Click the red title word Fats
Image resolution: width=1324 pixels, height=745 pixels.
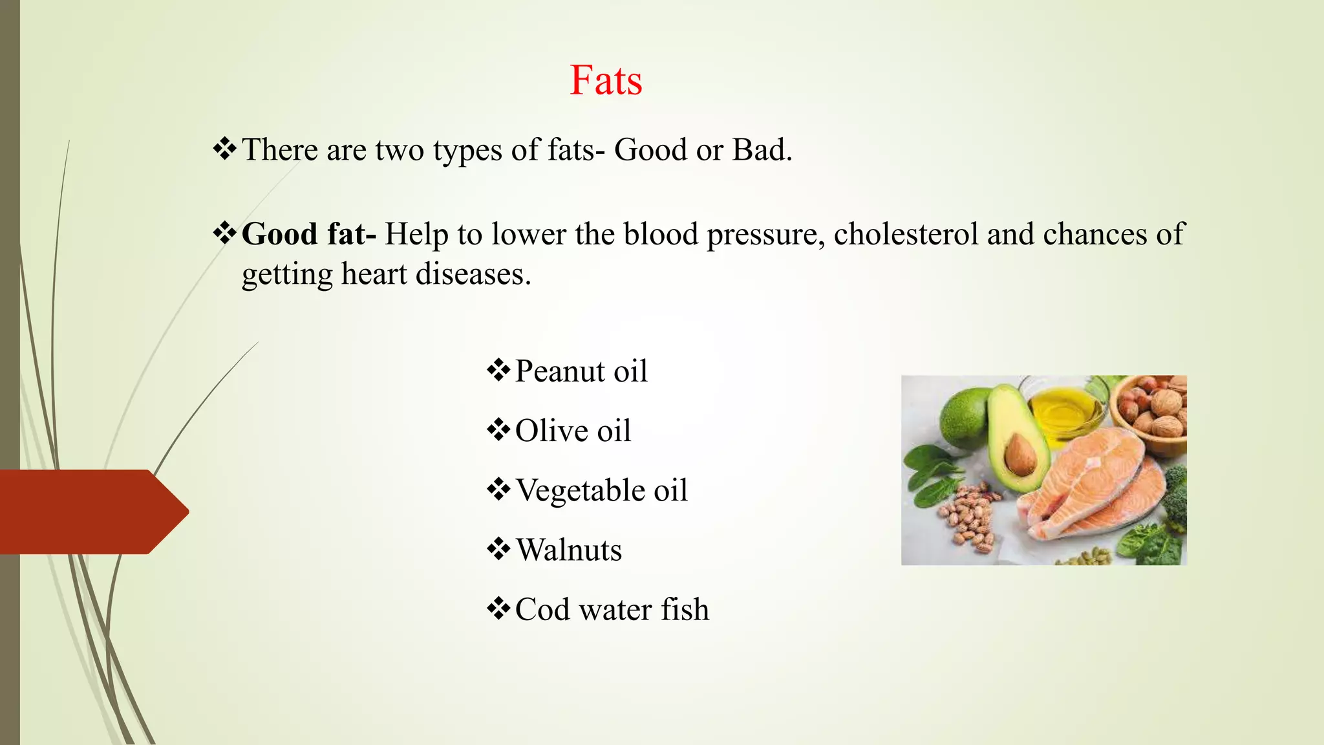click(606, 81)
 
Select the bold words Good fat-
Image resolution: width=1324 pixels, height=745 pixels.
click(308, 234)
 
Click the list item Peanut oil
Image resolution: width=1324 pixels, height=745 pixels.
click(581, 372)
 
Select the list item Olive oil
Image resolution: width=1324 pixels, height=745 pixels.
click(573, 431)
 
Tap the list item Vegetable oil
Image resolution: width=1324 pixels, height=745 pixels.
click(601, 491)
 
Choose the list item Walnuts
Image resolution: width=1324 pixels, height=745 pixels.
click(568, 550)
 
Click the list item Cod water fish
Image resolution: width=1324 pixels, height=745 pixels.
click(612, 610)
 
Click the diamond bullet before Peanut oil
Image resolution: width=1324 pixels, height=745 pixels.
click(498, 371)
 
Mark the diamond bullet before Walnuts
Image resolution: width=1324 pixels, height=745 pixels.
click(498, 550)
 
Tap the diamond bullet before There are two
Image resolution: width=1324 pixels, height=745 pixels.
click(224, 149)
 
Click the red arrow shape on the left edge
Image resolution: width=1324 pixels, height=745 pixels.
click(91, 512)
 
